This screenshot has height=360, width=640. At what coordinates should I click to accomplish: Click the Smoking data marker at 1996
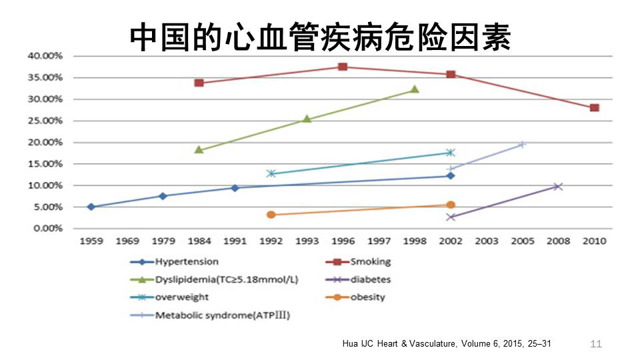[343, 67]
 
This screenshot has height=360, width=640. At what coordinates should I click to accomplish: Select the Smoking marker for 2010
[594, 108]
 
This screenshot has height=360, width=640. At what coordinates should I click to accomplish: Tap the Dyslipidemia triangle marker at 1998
[415, 89]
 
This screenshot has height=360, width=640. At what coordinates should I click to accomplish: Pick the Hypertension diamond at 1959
[91, 207]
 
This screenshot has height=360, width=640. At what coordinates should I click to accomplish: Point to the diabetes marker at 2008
[558, 186]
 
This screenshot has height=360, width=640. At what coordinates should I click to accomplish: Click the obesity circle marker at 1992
[271, 215]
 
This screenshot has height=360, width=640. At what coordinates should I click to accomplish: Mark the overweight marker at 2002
[451, 153]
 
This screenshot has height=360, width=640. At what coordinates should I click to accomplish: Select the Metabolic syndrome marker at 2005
[523, 144]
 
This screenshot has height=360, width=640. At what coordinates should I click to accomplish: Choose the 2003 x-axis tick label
[487, 241]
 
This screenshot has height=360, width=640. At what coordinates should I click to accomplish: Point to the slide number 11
[596, 344]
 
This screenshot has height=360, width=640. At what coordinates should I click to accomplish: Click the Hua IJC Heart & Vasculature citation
[447, 344]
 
